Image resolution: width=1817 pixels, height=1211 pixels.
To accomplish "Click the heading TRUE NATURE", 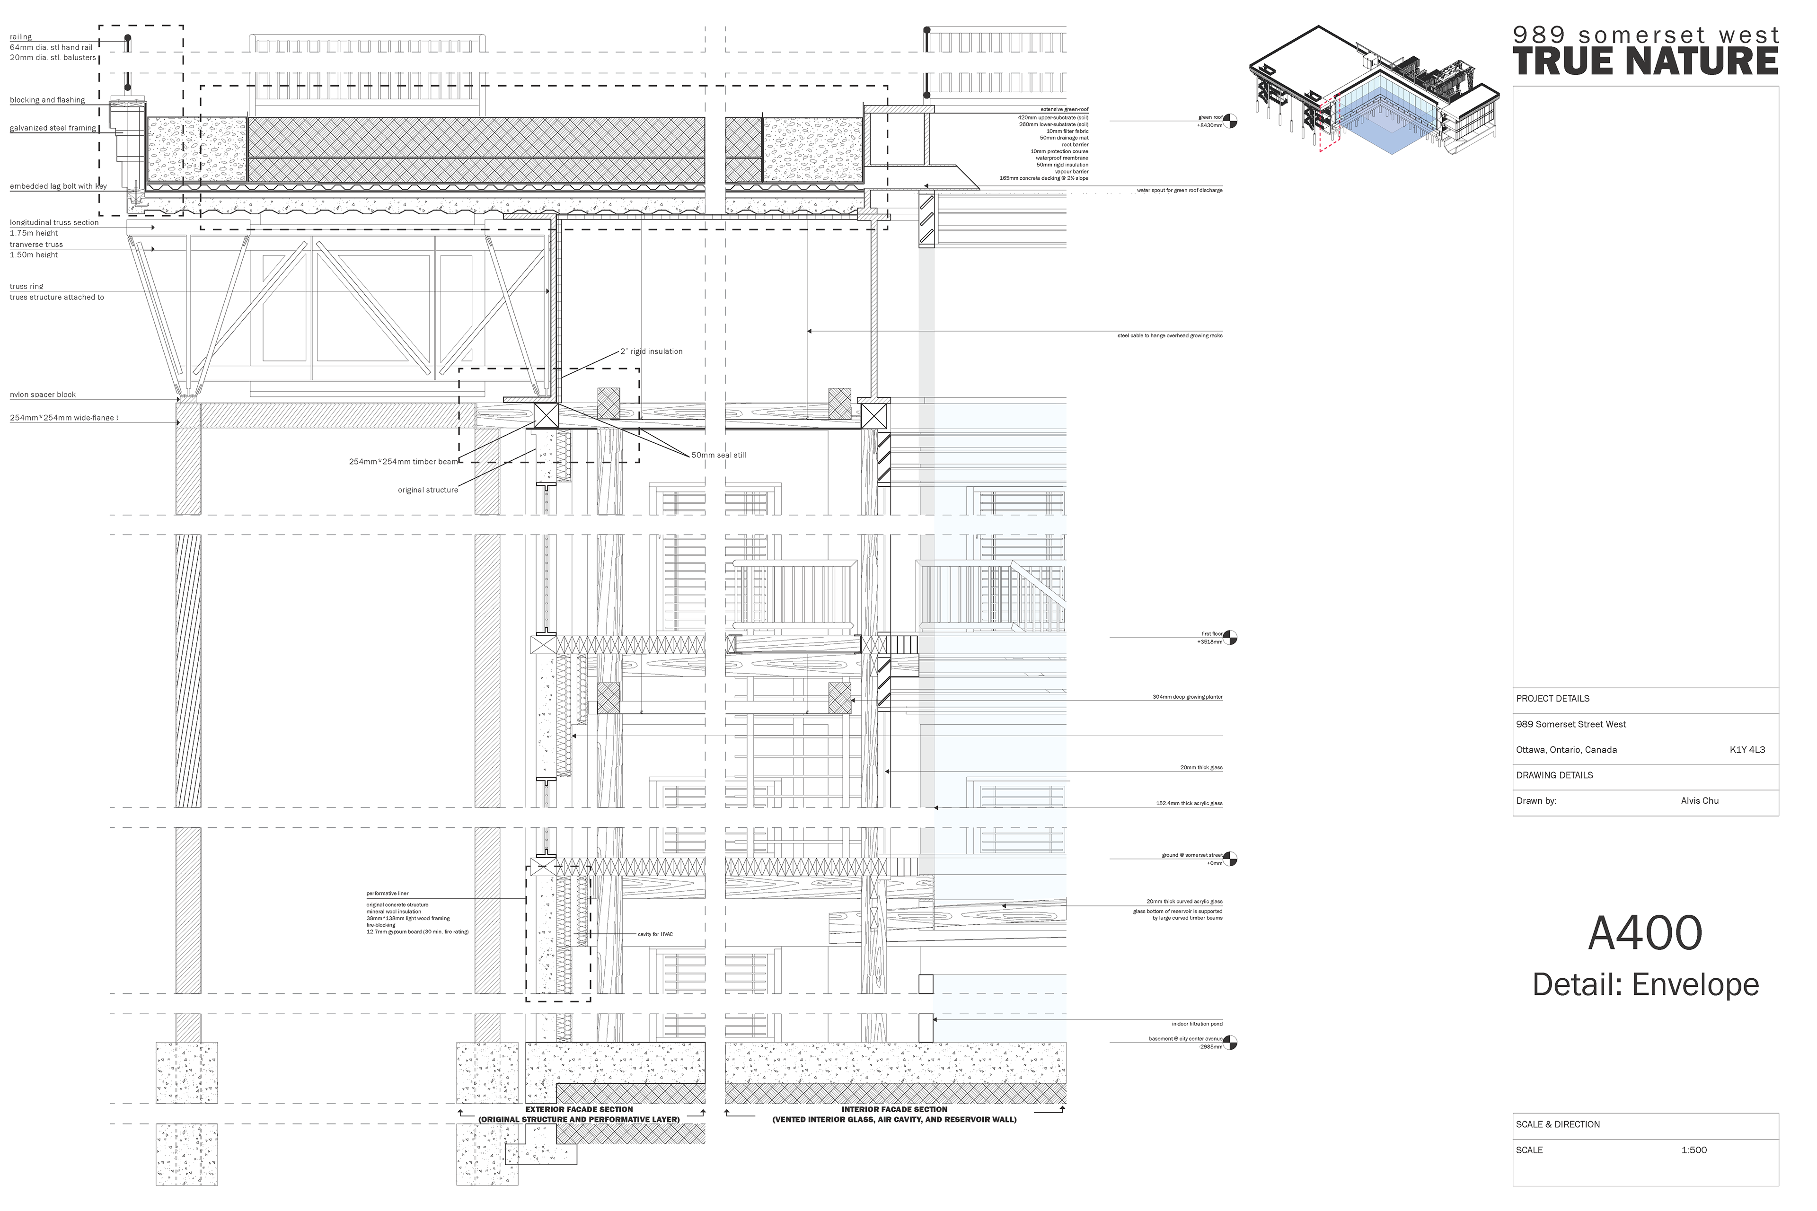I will point(1646,62).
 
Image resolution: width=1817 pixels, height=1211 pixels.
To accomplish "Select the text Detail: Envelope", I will point(1646,985).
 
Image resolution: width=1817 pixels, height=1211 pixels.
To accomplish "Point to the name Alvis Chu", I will point(1700,801).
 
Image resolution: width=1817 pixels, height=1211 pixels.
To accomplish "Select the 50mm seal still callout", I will point(718,455).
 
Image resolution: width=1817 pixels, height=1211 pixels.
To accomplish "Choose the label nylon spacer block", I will point(43,395).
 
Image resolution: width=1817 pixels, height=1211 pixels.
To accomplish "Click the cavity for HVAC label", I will point(655,935).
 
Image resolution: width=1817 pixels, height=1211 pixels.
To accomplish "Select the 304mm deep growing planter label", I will point(1187,697).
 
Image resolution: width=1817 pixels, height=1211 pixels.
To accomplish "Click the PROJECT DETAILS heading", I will point(1553,698).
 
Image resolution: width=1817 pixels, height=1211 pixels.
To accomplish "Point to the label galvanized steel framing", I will point(53,128).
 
